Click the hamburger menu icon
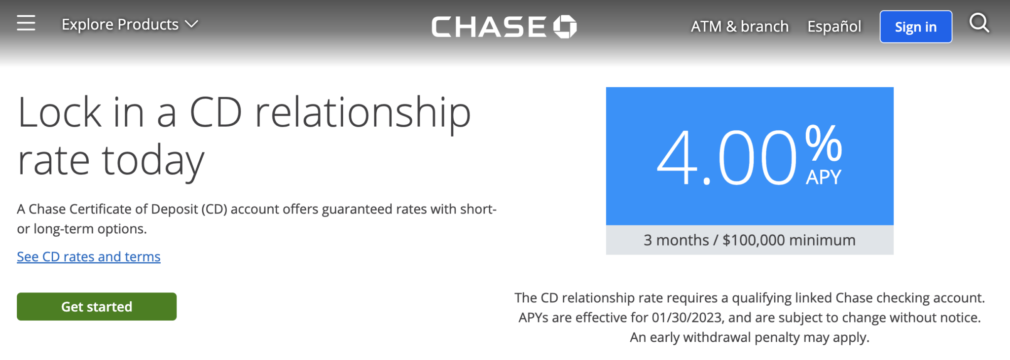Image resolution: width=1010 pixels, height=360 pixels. [x=26, y=23]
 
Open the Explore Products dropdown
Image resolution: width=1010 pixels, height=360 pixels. [x=129, y=24]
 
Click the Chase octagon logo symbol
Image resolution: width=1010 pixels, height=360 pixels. [x=565, y=27]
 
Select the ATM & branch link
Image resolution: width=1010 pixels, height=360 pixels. [x=739, y=27]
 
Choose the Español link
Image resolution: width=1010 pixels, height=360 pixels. [x=834, y=27]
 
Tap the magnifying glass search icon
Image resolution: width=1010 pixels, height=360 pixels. [x=979, y=23]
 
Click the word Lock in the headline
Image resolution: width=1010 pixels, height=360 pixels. [x=59, y=113]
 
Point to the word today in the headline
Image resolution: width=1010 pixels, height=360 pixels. [x=153, y=161]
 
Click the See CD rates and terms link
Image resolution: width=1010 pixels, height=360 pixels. [x=89, y=257]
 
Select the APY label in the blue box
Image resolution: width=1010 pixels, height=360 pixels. [x=824, y=177]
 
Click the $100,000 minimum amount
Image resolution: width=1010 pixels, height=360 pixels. [x=754, y=240]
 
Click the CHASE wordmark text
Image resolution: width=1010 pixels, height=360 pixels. [x=489, y=27]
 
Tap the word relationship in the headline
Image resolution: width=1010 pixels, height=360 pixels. [x=362, y=113]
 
